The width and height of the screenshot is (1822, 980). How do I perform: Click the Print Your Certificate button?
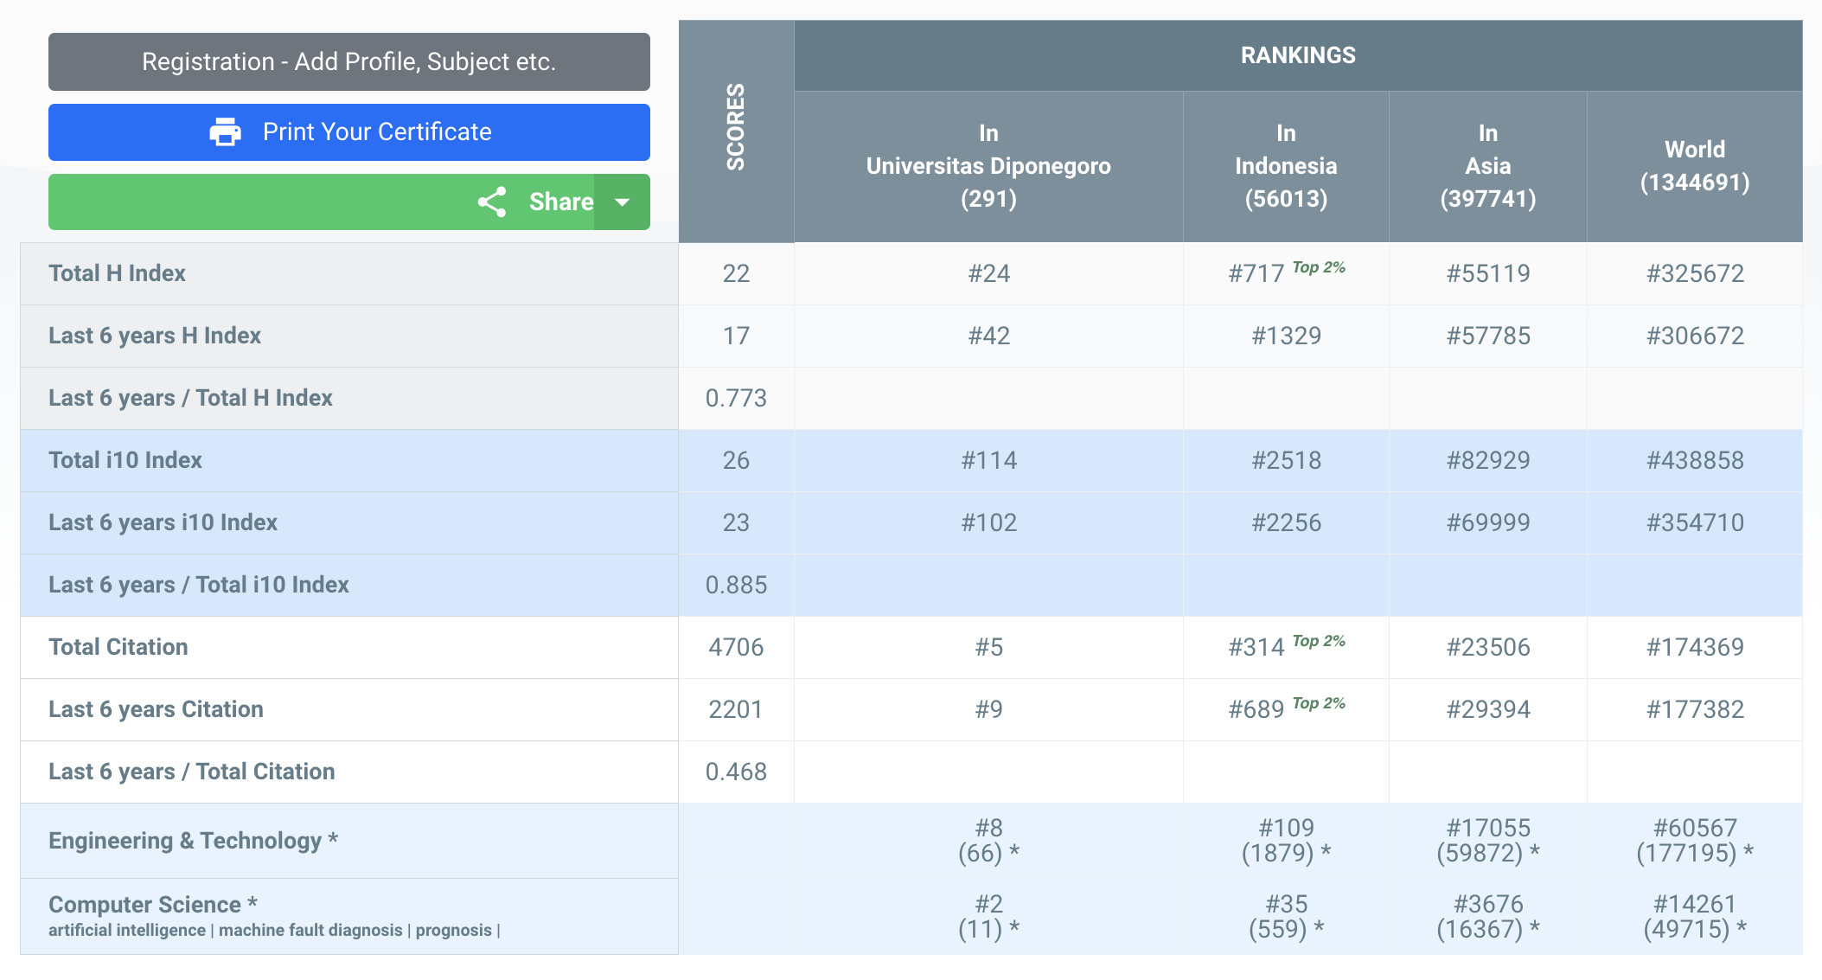tap(348, 132)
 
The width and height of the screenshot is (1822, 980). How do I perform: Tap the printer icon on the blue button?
tap(226, 132)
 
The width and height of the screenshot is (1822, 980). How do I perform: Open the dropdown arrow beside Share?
tap(622, 202)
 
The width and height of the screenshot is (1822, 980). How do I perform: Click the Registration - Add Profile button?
tap(348, 62)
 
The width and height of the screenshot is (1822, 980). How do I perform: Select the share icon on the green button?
tap(492, 202)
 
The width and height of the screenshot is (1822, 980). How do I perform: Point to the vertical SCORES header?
tap(736, 127)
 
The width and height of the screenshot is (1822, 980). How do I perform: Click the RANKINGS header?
tap(1297, 55)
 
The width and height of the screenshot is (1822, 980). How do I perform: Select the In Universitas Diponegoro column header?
tap(988, 166)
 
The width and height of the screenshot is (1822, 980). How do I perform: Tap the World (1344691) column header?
tap(1694, 166)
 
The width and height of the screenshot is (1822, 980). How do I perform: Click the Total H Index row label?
tap(118, 273)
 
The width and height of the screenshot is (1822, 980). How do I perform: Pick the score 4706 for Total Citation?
tap(736, 647)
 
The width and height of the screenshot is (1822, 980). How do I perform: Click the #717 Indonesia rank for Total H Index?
tap(1256, 274)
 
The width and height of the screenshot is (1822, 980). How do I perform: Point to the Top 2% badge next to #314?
tap(1319, 641)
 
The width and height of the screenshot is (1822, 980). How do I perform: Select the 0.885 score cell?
tap(736, 585)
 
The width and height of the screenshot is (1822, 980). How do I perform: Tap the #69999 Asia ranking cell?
tap(1487, 522)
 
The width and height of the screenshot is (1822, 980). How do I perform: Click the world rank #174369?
tap(1694, 647)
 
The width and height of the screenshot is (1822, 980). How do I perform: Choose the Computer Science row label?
tap(145, 905)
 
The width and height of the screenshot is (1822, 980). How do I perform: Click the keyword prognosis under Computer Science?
tap(453, 931)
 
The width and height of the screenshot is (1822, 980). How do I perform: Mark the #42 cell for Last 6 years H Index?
tap(988, 336)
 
